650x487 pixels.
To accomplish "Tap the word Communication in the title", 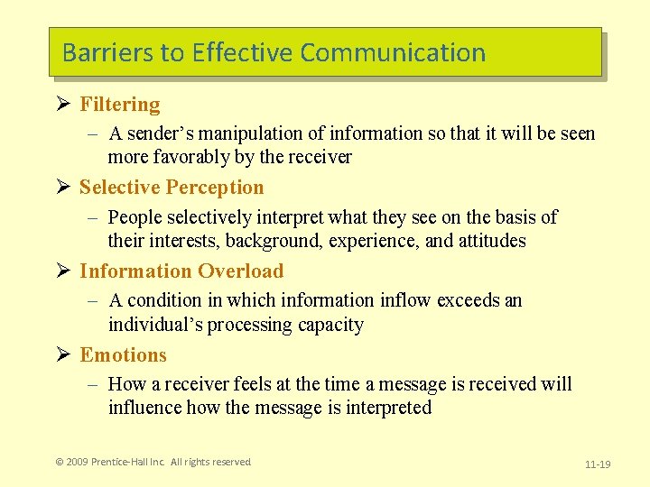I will click(x=393, y=52).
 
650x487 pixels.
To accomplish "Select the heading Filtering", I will click(x=119, y=105).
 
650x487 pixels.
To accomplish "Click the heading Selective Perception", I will click(x=172, y=188).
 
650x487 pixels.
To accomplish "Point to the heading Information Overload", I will click(x=181, y=271).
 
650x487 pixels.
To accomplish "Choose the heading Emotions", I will click(x=123, y=355).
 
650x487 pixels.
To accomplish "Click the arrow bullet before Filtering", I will click(x=64, y=105).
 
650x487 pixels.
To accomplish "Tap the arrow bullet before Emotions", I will click(x=64, y=355).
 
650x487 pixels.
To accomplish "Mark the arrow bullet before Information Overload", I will click(x=64, y=271).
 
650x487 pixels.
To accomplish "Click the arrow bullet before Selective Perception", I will click(x=64, y=188).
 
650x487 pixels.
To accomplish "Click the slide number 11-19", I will click(x=598, y=464).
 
